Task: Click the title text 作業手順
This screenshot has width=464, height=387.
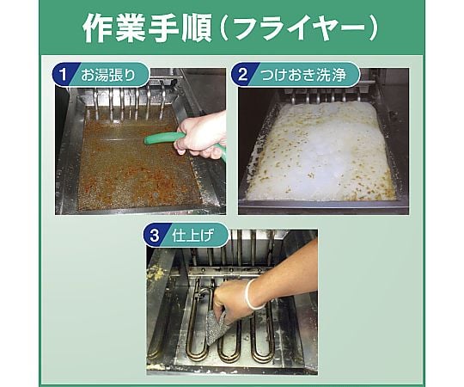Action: (147, 28)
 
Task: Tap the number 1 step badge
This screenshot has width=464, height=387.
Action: (63, 74)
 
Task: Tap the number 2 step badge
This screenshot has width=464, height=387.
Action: (242, 74)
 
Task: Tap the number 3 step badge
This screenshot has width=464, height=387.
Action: (155, 236)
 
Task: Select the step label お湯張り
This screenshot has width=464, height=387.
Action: (108, 75)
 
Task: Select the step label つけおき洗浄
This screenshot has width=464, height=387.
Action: (303, 75)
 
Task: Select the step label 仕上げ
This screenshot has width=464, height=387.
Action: (192, 236)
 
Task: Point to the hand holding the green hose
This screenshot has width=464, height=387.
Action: (200, 136)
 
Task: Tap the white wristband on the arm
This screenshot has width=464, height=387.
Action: (252, 294)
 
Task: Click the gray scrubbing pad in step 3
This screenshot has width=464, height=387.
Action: (217, 328)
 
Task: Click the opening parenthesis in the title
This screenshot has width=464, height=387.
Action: (223, 28)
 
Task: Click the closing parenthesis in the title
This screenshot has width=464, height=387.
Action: (375, 28)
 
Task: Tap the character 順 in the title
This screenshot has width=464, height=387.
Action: (197, 28)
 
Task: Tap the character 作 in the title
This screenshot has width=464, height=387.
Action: (97, 28)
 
